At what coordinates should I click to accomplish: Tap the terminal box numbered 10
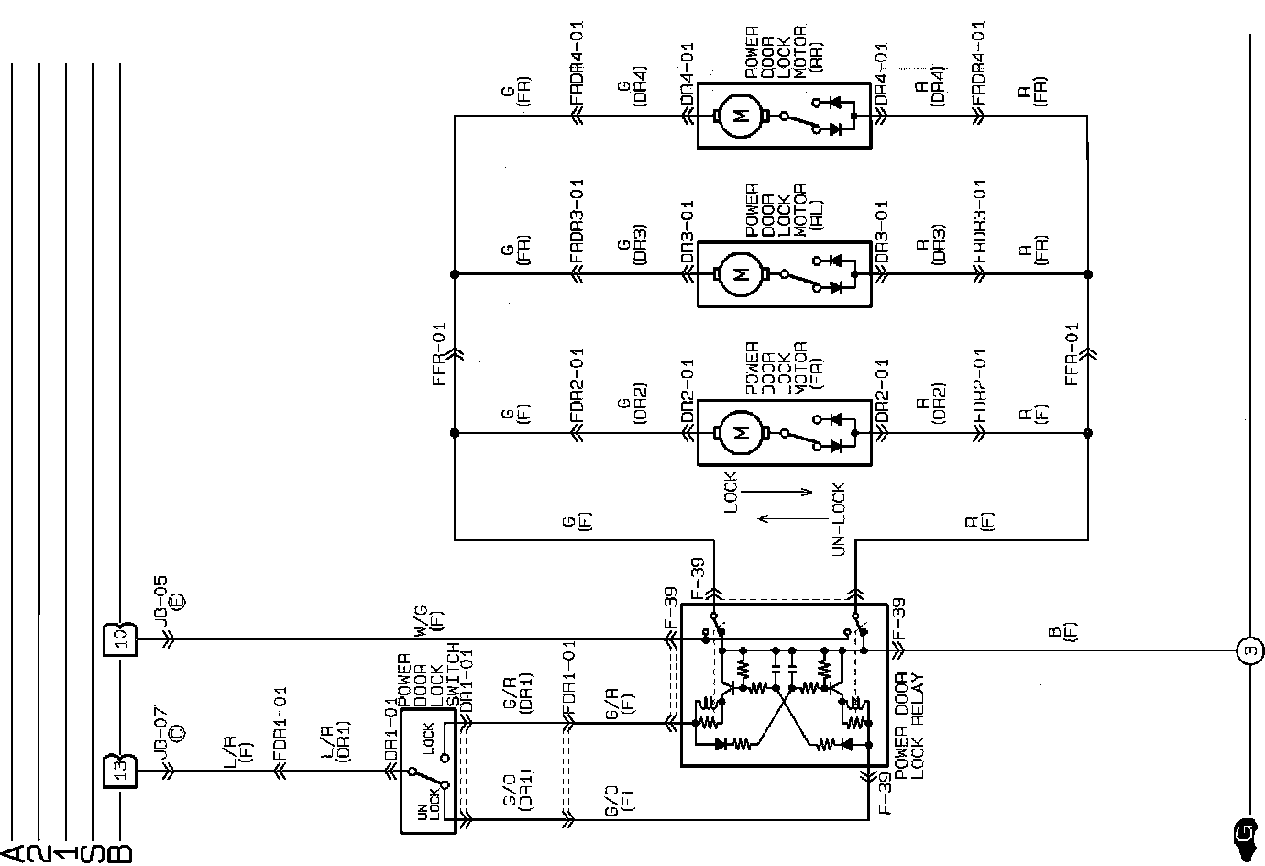[121, 638]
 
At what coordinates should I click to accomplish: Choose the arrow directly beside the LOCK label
[777, 493]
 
